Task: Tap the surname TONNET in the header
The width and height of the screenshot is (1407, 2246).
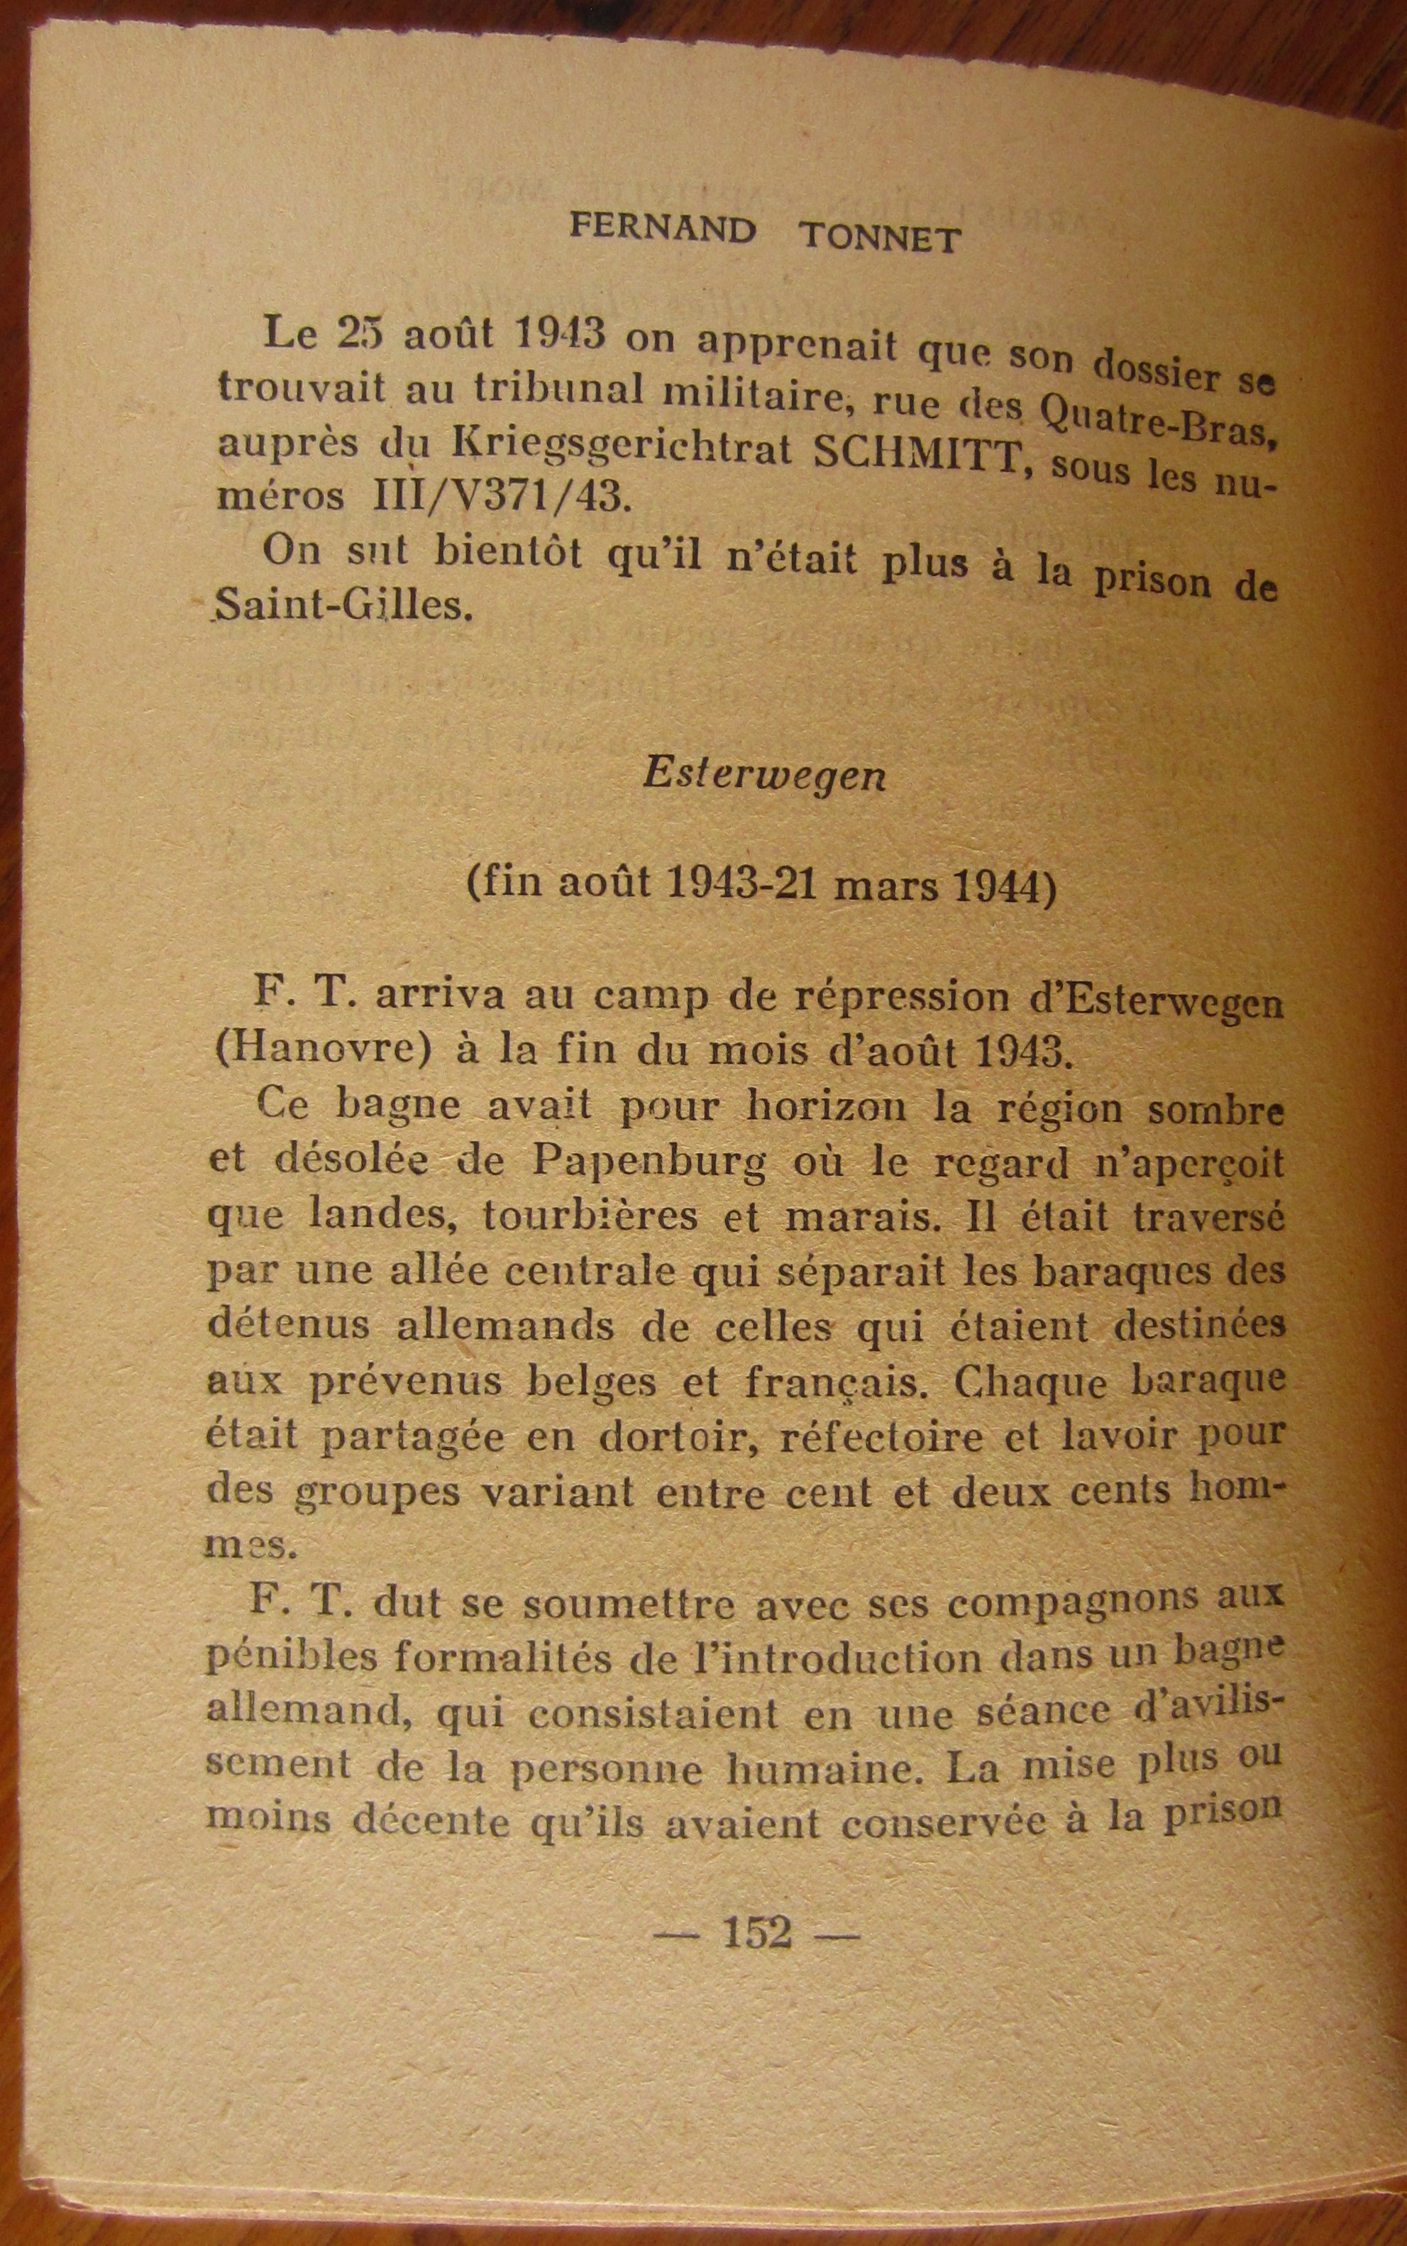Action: (879, 239)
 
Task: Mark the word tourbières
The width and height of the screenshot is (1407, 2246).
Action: (590, 1217)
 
